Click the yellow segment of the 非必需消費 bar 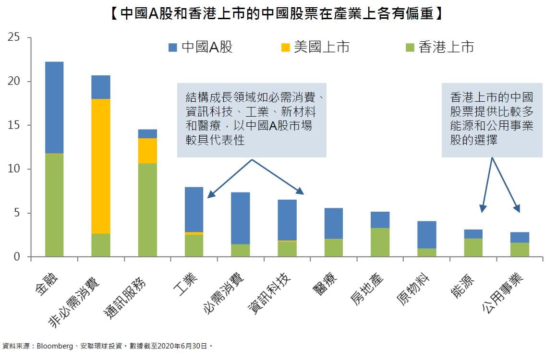coord(100,166)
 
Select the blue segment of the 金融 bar coord(54,108)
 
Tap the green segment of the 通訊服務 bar coord(147,210)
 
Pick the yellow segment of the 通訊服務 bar coord(147,151)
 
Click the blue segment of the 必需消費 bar coord(240,218)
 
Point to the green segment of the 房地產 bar coord(380,242)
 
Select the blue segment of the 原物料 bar coord(426,235)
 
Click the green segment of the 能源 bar coord(473,248)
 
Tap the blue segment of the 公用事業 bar coord(520,237)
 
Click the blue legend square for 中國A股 coord(173,47)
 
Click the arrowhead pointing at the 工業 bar coord(210,195)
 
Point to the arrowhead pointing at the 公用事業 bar coord(518,209)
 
